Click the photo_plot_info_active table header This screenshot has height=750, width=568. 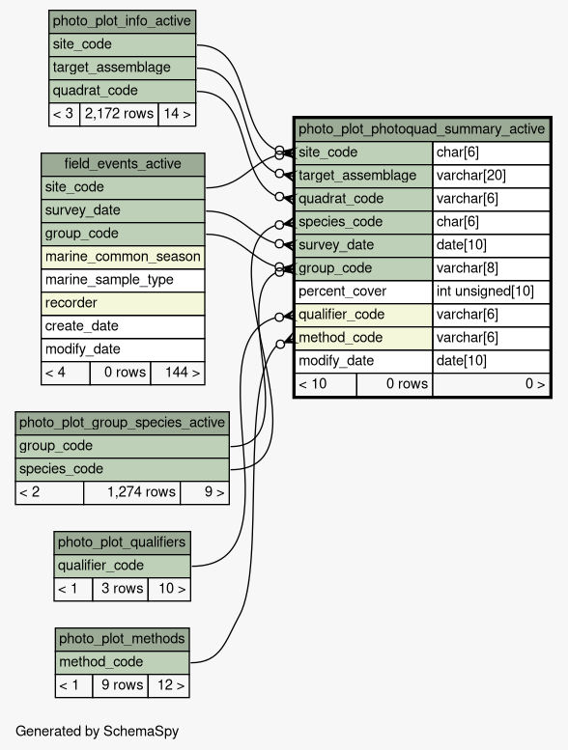tap(122, 21)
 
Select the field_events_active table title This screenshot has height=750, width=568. tap(123, 164)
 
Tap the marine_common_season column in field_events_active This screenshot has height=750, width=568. tap(123, 257)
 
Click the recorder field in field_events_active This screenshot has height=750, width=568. tap(123, 303)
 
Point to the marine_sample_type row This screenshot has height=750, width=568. tap(123, 280)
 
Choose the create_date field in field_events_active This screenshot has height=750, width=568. tap(123, 326)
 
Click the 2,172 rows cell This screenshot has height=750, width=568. tap(119, 114)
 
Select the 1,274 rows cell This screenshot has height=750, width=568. tap(131, 492)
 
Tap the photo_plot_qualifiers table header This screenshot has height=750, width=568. tap(122, 542)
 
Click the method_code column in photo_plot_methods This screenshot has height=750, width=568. tap(122, 662)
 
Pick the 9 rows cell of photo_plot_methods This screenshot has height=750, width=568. tap(120, 685)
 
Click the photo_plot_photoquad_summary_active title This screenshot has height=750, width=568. tap(422, 129)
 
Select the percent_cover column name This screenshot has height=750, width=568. tap(363, 292)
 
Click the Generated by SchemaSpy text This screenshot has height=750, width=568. tap(98, 732)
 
